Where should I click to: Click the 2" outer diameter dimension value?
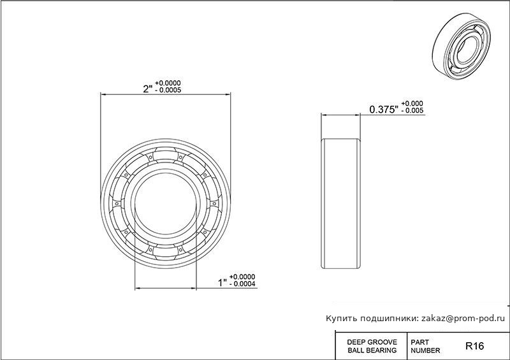(148, 89)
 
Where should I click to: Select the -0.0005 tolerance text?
(168, 90)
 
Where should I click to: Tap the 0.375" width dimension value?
(384, 110)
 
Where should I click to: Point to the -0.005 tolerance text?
(412, 111)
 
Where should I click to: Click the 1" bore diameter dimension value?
(222, 283)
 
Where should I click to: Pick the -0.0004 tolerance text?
(242, 284)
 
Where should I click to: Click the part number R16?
(474, 346)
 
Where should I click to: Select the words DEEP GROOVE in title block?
(372, 342)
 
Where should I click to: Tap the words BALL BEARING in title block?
(372, 350)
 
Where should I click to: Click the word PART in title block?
(419, 342)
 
